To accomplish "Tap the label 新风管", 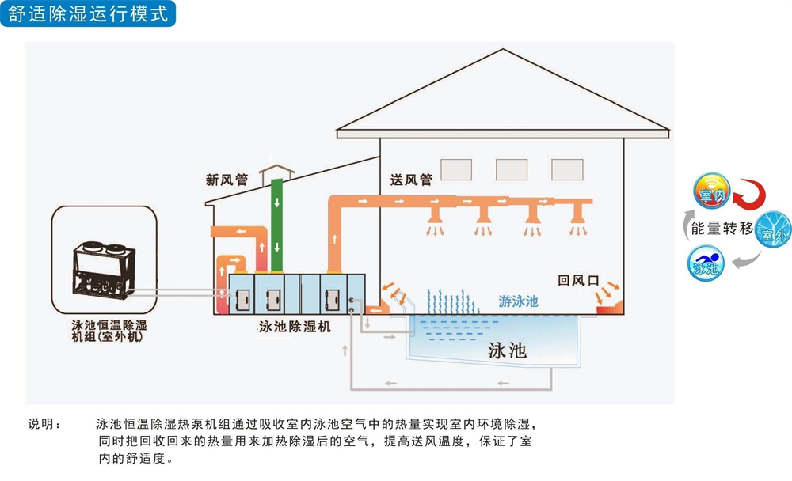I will coord(227,180).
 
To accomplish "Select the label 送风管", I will coord(411,180).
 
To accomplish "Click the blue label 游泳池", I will coord(519,301).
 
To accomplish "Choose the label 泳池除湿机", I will coord(295,326).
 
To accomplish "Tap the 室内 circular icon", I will coord(710,193).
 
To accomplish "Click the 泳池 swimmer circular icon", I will coord(705,263).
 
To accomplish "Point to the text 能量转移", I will coord(722,229).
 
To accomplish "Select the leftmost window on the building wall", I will coord(457,169).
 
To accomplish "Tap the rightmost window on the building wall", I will coord(567,169).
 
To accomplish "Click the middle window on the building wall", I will coord(512,169).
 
